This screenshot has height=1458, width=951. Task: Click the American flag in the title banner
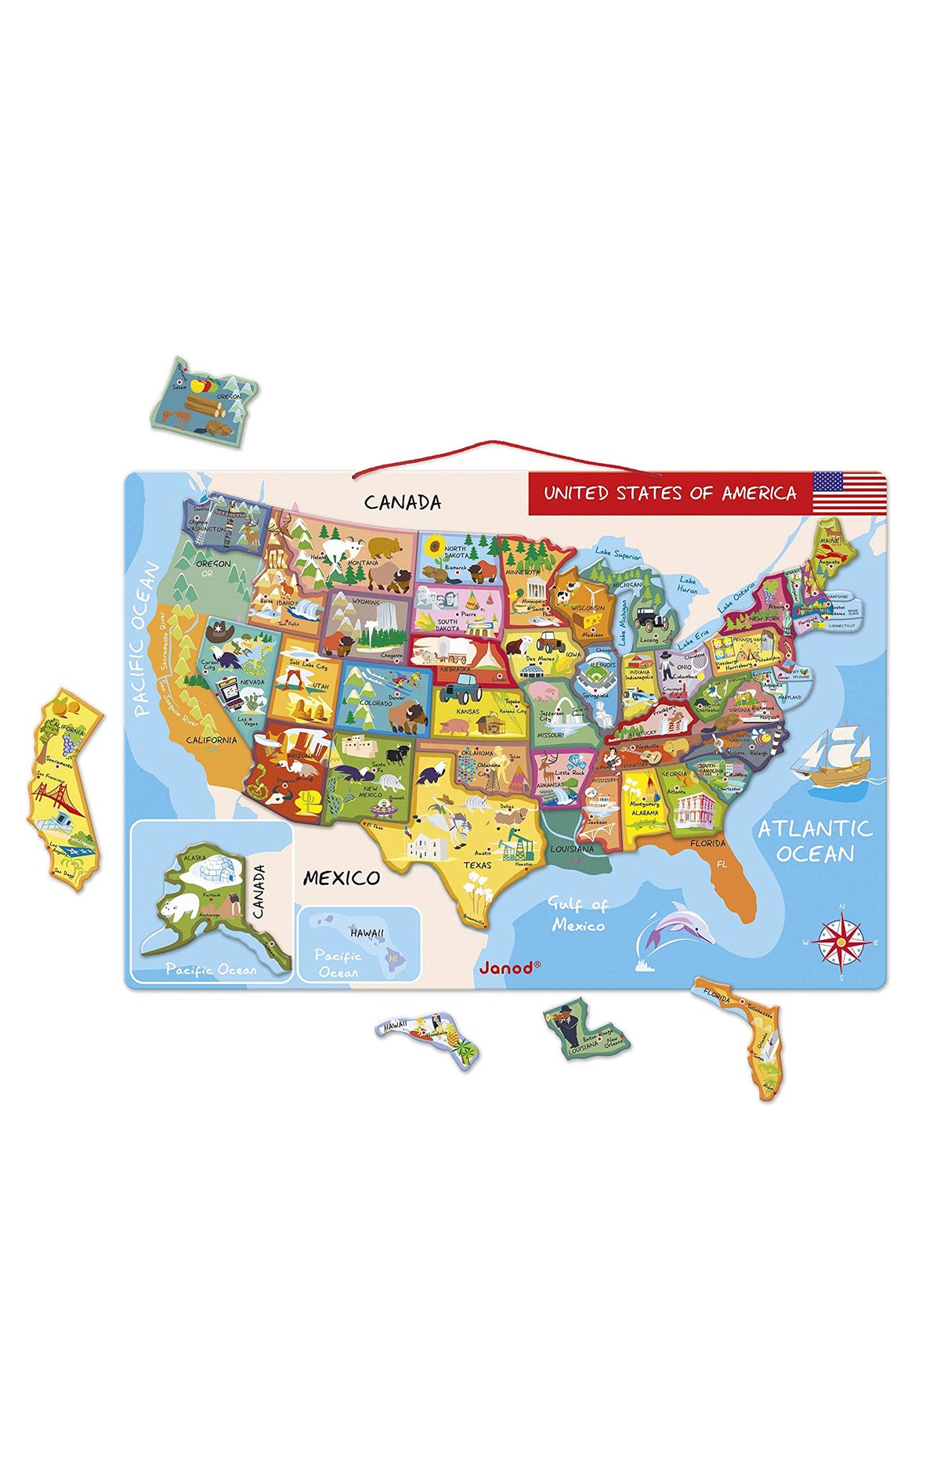point(848,492)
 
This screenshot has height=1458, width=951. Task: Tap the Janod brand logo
point(509,968)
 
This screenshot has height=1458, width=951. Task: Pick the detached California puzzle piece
point(65,787)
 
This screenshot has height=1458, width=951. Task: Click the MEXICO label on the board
point(342,877)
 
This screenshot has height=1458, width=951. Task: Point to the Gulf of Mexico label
point(577,914)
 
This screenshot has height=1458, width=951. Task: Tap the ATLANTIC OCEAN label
point(815,841)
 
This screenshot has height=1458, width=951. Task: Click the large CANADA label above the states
point(403,502)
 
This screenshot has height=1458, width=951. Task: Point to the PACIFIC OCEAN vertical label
point(145,639)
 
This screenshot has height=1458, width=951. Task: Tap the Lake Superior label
point(618,553)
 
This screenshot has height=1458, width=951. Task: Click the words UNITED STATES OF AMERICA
point(670,493)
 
